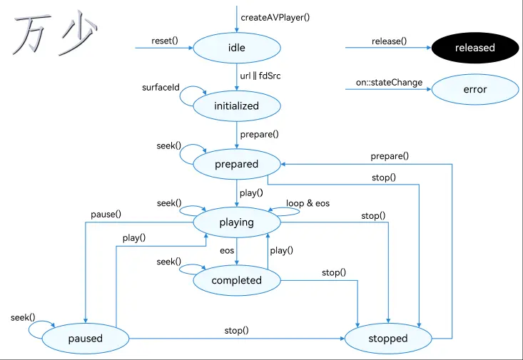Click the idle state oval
point(237,48)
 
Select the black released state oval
point(475,48)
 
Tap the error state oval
point(475,89)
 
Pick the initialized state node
point(237,106)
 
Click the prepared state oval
point(237,164)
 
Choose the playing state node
point(237,222)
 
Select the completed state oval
point(237,280)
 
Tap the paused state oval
point(86,339)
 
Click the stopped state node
point(388,339)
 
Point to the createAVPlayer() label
point(275,17)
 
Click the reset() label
point(165,41)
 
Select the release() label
point(390,41)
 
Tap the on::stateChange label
point(390,82)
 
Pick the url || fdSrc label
point(260,76)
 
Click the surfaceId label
point(161,88)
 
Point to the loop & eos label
point(308,203)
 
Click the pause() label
point(106,215)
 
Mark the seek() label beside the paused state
point(23,318)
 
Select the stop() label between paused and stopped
point(236,331)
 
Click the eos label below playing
point(227,251)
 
